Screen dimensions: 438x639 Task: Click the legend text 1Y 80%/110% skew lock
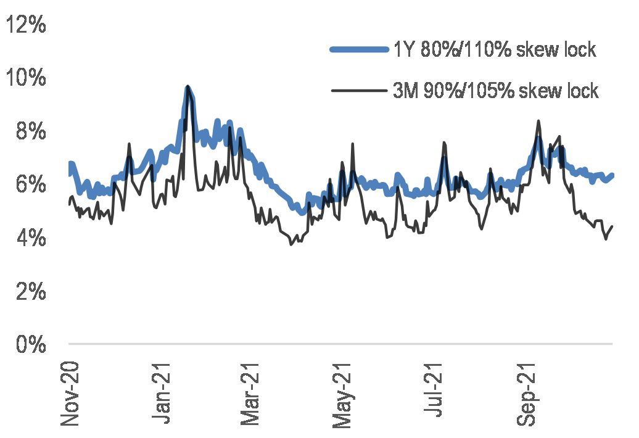point(495,50)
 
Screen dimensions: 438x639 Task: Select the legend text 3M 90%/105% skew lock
point(496,91)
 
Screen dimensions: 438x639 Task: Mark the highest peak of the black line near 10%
point(187,86)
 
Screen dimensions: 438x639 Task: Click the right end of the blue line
point(612,175)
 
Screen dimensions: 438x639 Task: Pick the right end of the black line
point(612,226)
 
